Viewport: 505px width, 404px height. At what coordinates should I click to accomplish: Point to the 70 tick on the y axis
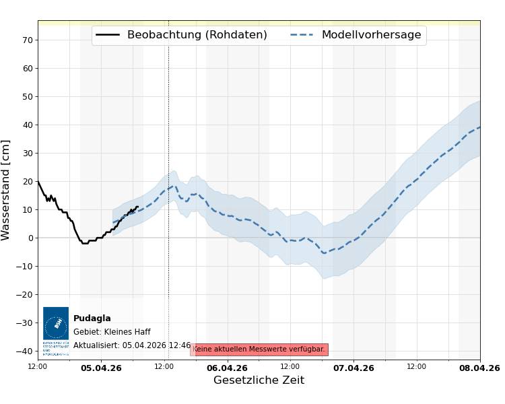click(28, 40)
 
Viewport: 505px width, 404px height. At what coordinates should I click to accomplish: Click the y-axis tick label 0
click(30, 238)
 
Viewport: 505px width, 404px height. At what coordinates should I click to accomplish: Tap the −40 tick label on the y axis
click(25, 351)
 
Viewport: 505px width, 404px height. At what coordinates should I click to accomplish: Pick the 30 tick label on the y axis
click(28, 153)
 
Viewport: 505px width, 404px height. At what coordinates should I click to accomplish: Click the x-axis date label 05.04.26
click(101, 368)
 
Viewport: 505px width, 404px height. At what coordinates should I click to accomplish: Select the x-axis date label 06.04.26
click(227, 368)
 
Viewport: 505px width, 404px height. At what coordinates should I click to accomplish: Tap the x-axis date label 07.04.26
click(353, 368)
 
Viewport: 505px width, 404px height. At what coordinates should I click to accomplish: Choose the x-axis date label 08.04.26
click(479, 368)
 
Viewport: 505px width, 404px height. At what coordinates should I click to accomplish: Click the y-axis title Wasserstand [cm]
click(6, 190)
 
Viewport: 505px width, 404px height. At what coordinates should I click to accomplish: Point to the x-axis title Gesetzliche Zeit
click(259, 380)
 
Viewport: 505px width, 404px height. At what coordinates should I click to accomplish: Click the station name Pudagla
click(92, 318)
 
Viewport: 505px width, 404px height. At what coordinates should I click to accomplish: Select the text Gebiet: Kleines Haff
click(112, 332)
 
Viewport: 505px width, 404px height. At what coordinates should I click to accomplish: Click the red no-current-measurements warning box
click(259, 349)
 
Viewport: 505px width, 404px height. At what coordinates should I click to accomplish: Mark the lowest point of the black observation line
click(84, 243)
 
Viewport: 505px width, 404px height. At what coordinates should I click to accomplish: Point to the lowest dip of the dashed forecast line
click(325, 252)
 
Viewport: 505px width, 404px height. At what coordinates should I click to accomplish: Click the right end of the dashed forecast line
click(479, 127)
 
